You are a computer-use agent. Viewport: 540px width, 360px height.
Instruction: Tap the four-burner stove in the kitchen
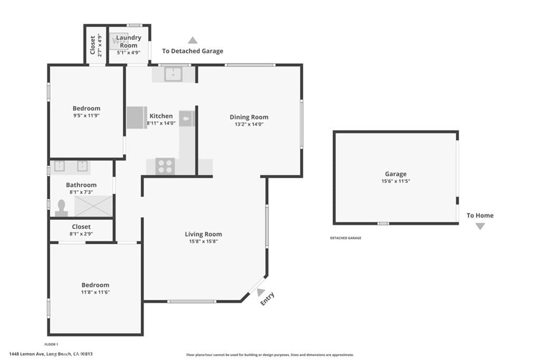165,166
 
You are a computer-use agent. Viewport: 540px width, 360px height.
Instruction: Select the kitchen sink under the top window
173,74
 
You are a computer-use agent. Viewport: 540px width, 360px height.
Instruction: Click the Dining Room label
249,117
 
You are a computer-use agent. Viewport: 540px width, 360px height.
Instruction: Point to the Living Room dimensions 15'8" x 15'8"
203,241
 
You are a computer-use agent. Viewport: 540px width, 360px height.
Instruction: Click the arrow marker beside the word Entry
261,291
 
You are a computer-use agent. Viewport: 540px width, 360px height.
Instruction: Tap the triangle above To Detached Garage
192,40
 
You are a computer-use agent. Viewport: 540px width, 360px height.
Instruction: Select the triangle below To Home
480,226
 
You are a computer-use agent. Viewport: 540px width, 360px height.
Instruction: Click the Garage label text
396,174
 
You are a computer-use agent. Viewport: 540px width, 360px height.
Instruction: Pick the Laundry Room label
128,41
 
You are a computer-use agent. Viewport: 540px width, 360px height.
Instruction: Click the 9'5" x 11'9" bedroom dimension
86,115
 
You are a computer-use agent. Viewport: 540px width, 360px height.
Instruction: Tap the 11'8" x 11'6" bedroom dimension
95,292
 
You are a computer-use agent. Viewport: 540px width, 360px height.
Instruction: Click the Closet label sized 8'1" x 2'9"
81,227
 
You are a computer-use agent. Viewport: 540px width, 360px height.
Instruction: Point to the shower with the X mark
93,205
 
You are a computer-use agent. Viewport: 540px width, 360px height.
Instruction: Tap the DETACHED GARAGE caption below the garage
345,238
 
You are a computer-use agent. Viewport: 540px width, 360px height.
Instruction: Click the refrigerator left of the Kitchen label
137,118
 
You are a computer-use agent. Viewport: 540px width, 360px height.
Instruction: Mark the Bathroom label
81,185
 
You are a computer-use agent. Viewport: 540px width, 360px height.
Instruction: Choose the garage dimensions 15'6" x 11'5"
396,181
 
